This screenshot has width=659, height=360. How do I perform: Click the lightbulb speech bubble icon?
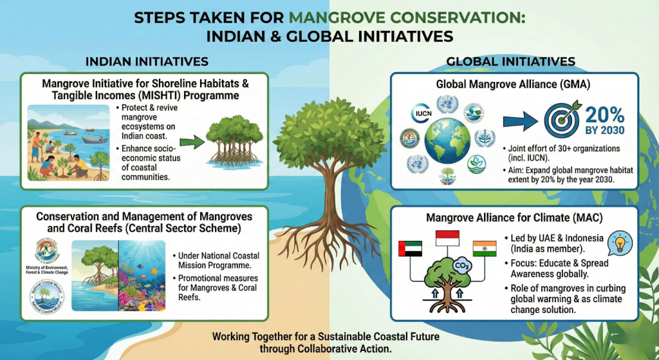coord(620,242)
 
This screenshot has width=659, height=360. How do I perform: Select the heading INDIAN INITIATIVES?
coord(147,62)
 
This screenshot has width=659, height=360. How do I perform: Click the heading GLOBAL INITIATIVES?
coord(510,62)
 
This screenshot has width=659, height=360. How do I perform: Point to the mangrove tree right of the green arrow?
coord(233,143)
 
